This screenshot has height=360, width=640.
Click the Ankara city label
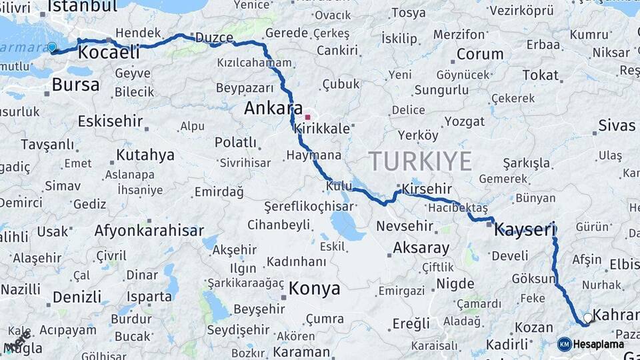[x=273, y=109]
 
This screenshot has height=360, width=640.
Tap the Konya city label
[x=314, y=289]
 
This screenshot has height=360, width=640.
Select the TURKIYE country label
[x=420, y=161]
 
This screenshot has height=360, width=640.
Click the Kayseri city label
[x=525, y=231]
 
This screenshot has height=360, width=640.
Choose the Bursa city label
[x=75, y=85]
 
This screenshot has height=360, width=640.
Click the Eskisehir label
[x=111, y=121]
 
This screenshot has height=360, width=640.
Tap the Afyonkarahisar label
[x=149, y=231]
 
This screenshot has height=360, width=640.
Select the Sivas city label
[x=617, y=125]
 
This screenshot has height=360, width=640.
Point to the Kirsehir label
[x=423, y=189]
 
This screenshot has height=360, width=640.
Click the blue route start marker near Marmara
[x=52, y=47]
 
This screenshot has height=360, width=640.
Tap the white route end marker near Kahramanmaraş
[x=587, y=319]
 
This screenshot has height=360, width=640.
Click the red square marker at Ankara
[x=307, y=117]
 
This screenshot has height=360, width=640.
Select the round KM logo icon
[x=565, y=344]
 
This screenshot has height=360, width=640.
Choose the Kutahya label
[x=145, y=155]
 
